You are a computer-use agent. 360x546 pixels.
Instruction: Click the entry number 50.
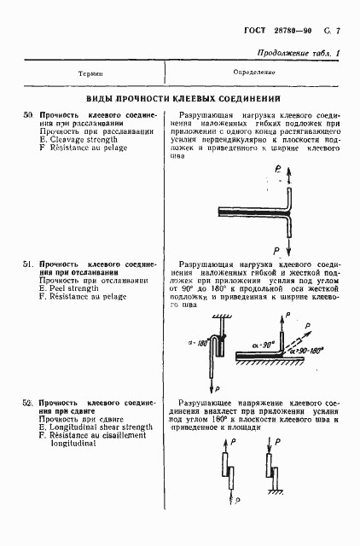pos(27,114)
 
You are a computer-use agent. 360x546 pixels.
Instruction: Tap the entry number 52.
pos(27,402)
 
